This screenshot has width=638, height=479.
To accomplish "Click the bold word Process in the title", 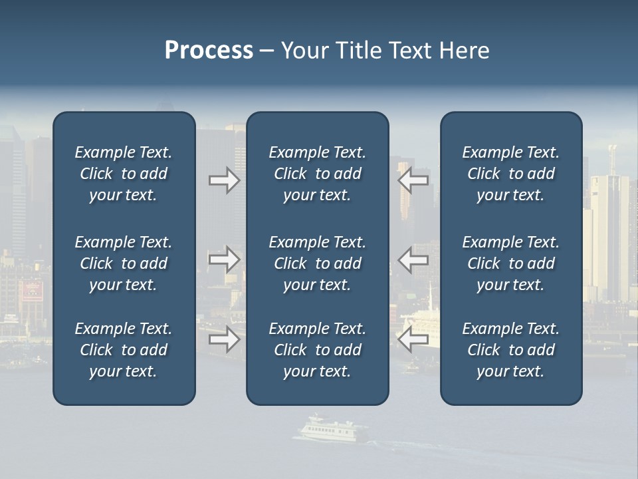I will tap(209, 51).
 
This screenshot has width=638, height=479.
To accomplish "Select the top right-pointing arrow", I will tap(224, 180).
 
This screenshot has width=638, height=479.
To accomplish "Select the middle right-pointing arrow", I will tap(224, 259).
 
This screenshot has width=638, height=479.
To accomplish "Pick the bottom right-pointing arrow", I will tap(224, 339).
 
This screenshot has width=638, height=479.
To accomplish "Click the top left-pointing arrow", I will tap(413, 180).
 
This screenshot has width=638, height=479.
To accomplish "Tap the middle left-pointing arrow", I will tap(413, 259).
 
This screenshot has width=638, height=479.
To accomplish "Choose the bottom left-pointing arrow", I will tap(413, 339).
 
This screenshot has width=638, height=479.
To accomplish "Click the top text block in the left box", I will tap(124, 174).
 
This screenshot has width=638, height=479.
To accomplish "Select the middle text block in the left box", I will tap(124, 263).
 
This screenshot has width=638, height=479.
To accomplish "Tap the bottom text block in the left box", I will tap(124, 350).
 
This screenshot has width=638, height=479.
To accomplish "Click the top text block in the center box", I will tap(317, 174).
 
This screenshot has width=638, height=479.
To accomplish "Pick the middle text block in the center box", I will tap(317, 263).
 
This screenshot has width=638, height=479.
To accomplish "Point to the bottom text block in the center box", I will tap(317, 350).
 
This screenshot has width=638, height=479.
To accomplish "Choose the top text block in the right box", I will tap(510, 174).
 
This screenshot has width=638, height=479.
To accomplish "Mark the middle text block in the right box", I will tap(510, 263).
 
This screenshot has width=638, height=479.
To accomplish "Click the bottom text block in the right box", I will tap(510, 350).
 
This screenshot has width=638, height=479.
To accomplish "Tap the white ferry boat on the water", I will tap(330, 430).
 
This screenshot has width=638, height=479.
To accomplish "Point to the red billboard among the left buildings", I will tap(31, 290).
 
